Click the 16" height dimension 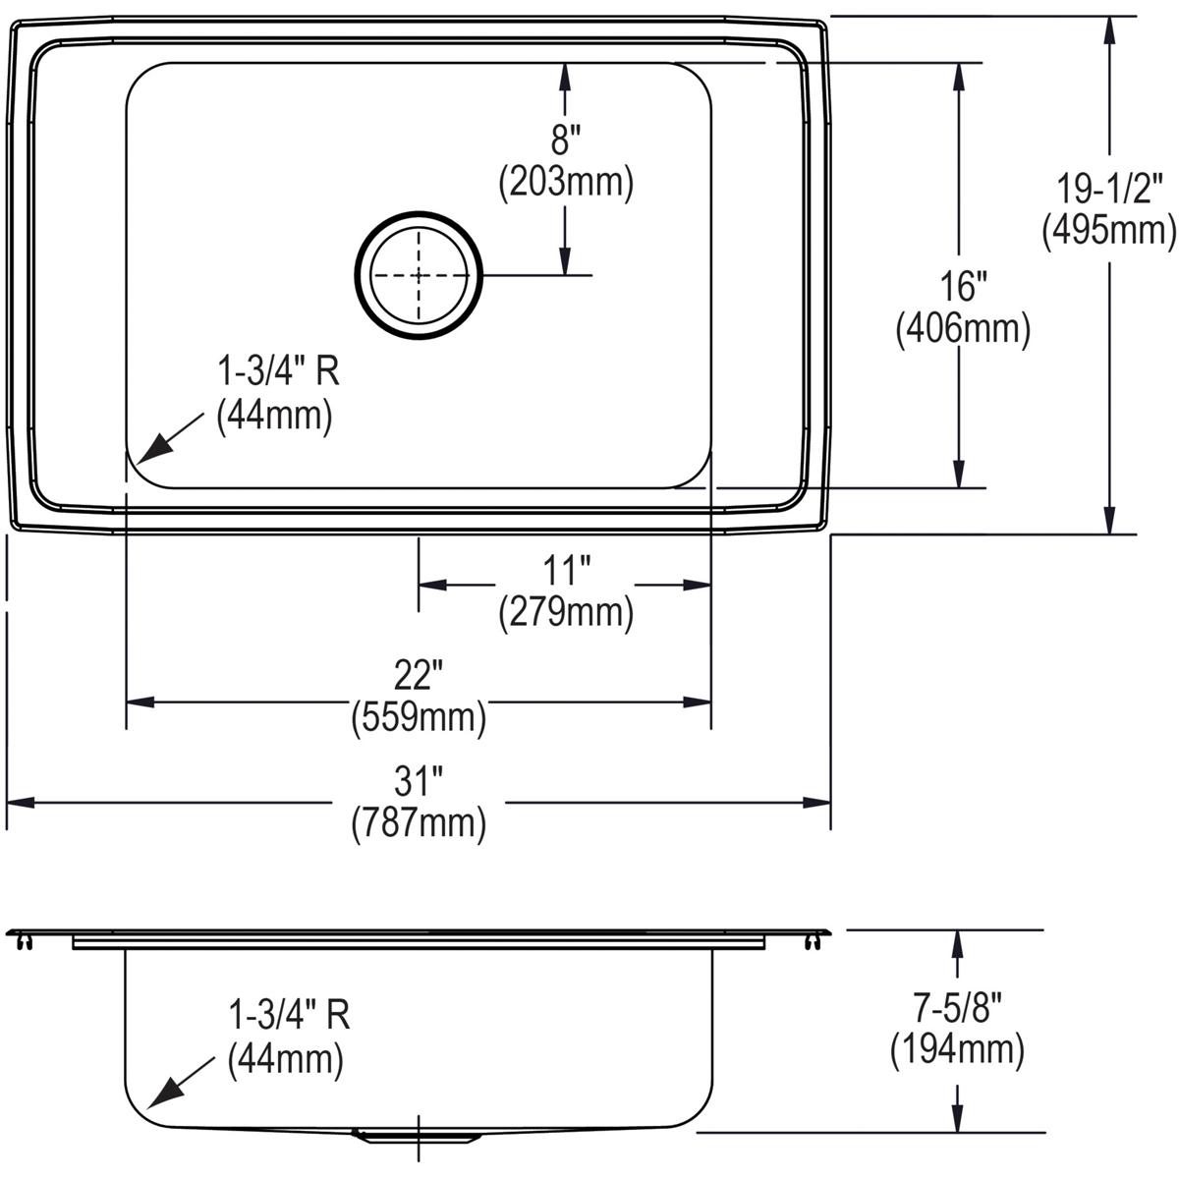coord(961,287)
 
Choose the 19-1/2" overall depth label coord(1109,187)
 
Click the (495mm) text coord(1109,230)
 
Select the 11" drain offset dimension coord(567,569)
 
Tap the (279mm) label coord(566,613)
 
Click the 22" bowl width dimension coord(419,676)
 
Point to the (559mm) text coord(419,719)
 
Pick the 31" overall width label coord(419,782)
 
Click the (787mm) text coord(419,824)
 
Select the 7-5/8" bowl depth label coord(957,1008)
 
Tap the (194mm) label coord(957,1051)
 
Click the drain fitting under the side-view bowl coord(418,1136)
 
